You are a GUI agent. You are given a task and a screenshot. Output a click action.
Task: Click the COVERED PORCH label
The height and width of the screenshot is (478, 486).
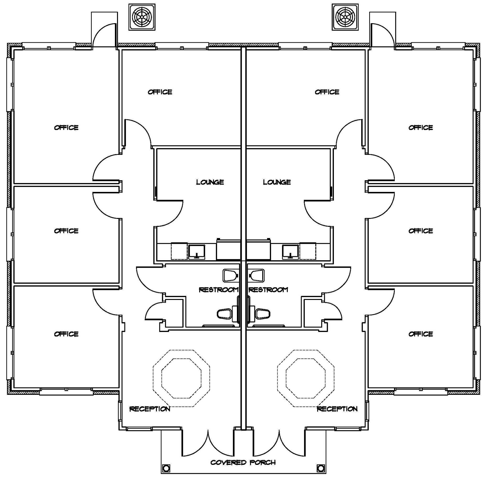click(243, 462)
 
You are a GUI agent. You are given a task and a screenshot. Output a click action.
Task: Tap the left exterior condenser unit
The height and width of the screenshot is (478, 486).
click(142, 17)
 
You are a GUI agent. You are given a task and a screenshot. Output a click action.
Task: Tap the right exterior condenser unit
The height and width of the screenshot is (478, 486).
click(345, 17)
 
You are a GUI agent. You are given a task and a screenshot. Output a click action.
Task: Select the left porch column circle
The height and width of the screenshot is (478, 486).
click(166, 468)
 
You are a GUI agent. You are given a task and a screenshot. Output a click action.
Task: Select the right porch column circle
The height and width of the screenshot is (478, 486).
click(320, 468)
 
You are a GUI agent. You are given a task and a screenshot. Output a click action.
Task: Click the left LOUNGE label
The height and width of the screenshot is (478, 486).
click(210, 182)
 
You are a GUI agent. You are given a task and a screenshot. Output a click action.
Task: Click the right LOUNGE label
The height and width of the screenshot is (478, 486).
click(277, 182)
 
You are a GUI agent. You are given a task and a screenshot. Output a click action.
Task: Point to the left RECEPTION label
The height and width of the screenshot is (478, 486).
click(150, 409)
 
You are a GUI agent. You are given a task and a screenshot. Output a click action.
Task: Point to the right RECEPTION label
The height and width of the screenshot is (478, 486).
click(337, 409)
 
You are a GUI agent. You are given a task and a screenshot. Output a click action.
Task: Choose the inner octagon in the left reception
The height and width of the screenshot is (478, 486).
click(182, 378)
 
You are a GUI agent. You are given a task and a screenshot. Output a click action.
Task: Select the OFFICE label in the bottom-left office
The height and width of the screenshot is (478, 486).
click(66, 334)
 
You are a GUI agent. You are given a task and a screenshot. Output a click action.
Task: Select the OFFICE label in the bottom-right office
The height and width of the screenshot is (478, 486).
click(421, 334)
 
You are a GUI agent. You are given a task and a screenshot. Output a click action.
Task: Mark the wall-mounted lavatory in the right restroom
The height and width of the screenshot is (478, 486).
click(257, 275)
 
